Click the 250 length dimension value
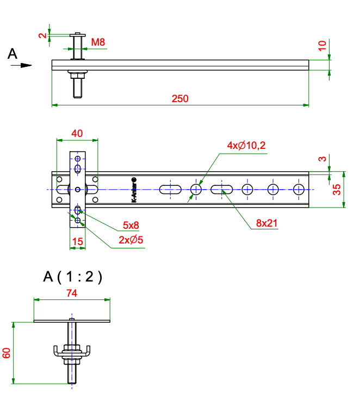point(180,99)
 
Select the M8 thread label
point(98,42)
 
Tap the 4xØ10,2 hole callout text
point(246,146)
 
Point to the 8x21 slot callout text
point(266,223)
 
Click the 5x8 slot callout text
point(131,225)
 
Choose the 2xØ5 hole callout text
point(131,240)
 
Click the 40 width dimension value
point(77,133)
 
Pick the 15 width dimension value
point(78,242)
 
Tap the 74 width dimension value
point(72,293)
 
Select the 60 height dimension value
point(7,353)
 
